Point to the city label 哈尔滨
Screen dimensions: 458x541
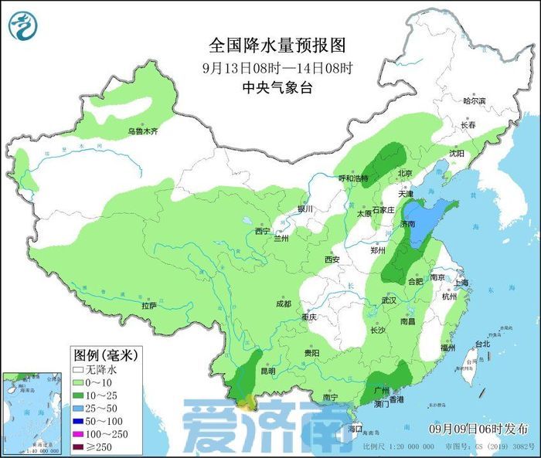(x=474, y=101)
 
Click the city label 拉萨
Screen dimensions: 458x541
(x=149, y=307)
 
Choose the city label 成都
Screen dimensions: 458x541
(x=282, y=304)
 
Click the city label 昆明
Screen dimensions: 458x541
(x=267, y=371)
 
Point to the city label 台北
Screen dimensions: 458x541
(x=482, y=344)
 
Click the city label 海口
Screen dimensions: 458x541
(x=355, y=428)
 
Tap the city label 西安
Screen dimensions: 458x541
(x=332, y=260)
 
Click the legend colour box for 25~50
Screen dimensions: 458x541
(x=79, y=406)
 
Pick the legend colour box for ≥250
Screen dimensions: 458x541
(x=79, y=446)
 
